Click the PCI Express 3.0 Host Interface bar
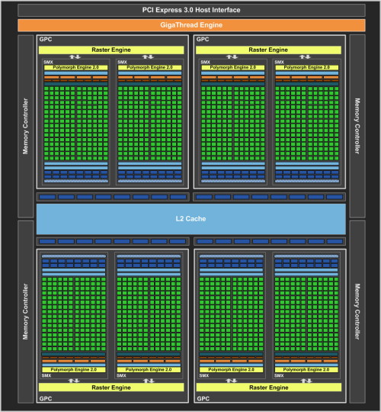191,10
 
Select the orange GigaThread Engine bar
191,25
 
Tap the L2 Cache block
190,219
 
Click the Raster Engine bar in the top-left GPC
111,50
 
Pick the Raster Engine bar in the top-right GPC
268,50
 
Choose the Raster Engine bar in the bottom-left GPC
111,388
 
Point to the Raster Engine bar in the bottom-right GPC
269,388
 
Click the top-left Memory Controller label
25,126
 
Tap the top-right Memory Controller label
357,126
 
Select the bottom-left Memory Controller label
25,311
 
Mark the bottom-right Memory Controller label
357,311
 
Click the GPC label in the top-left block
46,40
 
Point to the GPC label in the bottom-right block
203,398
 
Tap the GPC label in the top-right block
203,40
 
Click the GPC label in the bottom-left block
46,398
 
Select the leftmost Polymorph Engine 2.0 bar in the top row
76,68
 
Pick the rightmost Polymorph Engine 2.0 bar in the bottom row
306,370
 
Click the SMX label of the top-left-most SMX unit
48,63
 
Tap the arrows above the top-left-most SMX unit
75,56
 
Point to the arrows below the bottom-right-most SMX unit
306,381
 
